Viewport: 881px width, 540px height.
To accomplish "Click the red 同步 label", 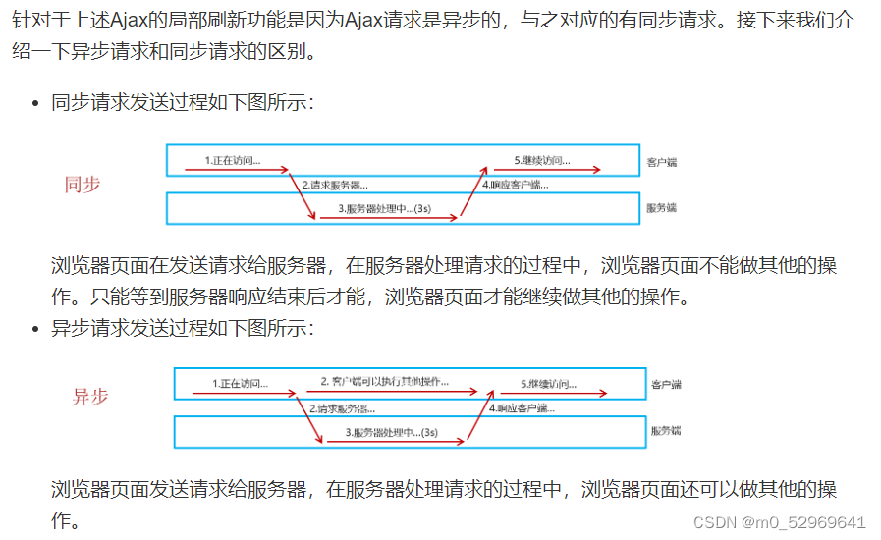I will (x=83, y=184).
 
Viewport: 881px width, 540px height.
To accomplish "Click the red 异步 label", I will (x=90, y=397).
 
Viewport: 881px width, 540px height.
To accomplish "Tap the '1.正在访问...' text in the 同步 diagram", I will (x=233, y=159).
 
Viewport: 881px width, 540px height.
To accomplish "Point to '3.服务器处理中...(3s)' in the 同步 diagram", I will (x=385, y=208).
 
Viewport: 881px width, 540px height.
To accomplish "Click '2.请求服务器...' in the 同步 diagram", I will (x=335, y=184).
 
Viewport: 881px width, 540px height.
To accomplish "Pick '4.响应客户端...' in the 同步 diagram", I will (x=515, y=184).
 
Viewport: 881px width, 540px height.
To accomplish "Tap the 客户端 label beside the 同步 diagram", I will (x=662, y=160).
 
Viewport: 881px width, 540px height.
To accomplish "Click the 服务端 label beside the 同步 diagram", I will (x=662, y=208).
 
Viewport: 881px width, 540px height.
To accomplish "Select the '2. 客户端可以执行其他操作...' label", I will (x=384, y=381).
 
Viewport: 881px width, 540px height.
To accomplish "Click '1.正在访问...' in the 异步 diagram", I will (x=240, y=383).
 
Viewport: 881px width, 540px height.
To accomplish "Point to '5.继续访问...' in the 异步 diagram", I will (x=548, y=383).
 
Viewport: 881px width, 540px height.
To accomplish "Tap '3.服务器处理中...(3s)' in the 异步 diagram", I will (x=391, y=431).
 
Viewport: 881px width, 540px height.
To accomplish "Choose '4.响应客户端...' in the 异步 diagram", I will (x=522, y=407).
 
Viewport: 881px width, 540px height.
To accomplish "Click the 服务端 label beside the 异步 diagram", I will (x=666, y=431).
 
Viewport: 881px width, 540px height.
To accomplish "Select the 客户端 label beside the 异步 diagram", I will (x=666, y=384).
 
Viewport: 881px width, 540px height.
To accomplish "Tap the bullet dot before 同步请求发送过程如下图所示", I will (x=35, y=103).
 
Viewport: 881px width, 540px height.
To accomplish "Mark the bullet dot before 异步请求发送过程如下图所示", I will (x=35, y=329).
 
